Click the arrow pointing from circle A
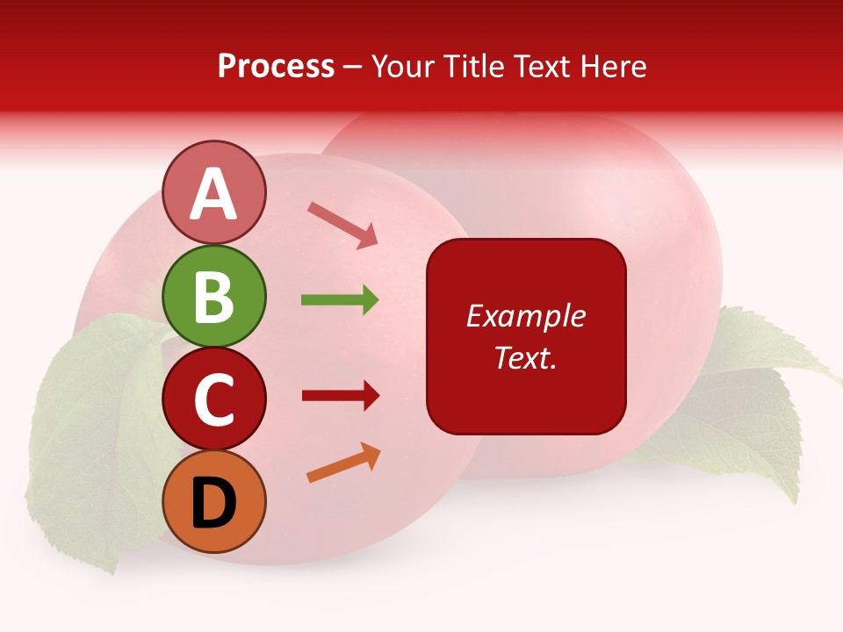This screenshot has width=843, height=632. coord(342,224)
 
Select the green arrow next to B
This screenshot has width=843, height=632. coord(340,300)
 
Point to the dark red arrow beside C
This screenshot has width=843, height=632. coord(340,396)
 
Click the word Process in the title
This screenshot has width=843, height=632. coord(276,66)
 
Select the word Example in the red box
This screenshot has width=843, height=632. coord(525,316)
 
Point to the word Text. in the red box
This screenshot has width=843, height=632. coord(525,357)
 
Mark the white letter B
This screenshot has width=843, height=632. coord(214,297)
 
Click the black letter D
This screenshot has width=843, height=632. coord(214,503)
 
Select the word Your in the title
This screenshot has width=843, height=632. coord(402,66)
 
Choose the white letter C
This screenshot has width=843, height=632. coord(214,400)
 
